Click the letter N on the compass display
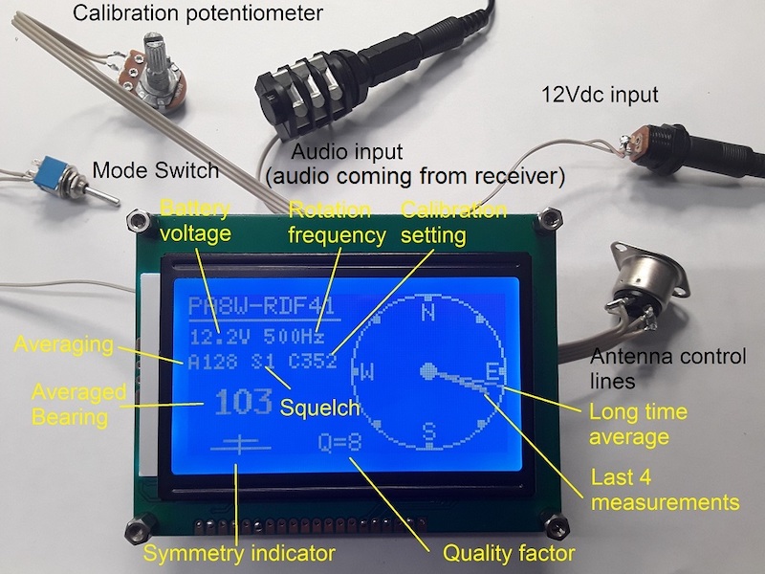pyautogui.click(x=427, y=313)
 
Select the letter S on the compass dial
pyautogui.click(x=428, y=431)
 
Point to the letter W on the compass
pyautogui.click(x=367, y=372)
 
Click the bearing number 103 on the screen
pyautogui.click(x=243, y=401)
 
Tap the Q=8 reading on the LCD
pyautogui.click(x=340, y=442)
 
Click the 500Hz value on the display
pyautogui.click(x=295, y=337)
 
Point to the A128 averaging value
pyautogui.click(x=212, y=362)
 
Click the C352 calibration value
pyautogui.click(x=313, y=361)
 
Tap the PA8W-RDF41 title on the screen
pyautogui.click(x=261, y=306)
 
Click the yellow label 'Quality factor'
pyautogui.click(x=509, y=553)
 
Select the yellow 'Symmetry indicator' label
pyautogui.click(x=239, y=554)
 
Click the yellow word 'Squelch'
pyautogui.click(x=319, y=408)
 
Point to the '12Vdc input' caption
pyautogui.click(x=600, y=94)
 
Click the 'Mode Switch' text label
pyautogui.click(x=156, y=170)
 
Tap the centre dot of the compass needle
pyautogui.click(x=427, y=372)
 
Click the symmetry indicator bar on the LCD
pyautogui.click(x=240, y=445)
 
